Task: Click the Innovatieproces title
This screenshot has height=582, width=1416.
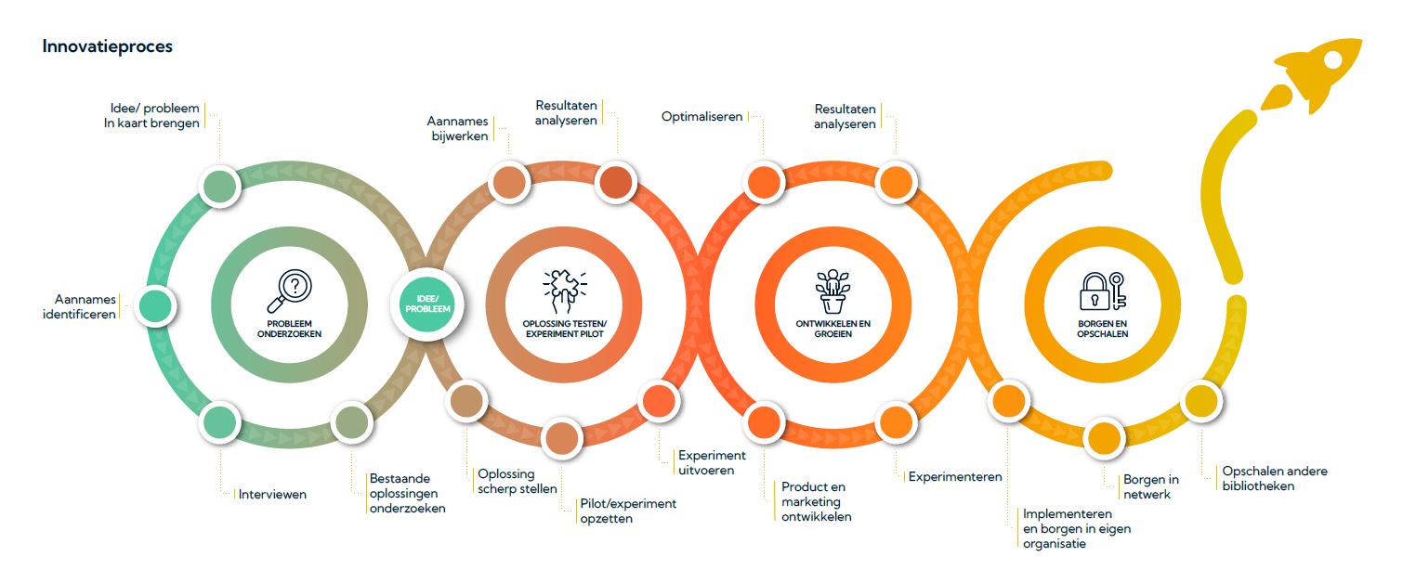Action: pyautogui.click(x=108, y=46)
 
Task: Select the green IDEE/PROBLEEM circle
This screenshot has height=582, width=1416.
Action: pyautogui.click(x=428, y=304)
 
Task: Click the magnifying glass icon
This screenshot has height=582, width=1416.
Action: pyautogui.click(x=290, y=291)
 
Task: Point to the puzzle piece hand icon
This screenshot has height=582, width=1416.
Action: pyautogui.click(x=565, y=291)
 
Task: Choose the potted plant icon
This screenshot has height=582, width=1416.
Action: pyautogui.click(x=833, y=291)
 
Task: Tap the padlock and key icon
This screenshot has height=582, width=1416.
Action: pyautogui.click(x=1103, y=291)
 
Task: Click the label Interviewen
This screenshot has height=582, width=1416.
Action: pyautogui.click(x=272, y=494)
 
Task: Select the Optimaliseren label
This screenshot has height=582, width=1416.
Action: pyautogui.click(x=701, y=117)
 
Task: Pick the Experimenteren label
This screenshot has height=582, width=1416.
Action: pyautogui.click(x=955, y=476)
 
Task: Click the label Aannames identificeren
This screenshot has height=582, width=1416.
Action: pyautogui.click(x=80, y=306)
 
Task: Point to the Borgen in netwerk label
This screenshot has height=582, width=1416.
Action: pyautogui.click(x=1150, y=486)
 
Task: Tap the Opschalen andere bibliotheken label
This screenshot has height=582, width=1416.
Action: pyautogui.click(x=1275, y=478)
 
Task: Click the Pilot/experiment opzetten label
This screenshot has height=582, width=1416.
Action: pyautogui.click(x=628, y=511)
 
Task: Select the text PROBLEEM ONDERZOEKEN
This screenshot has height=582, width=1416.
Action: pyautogui.click(x=290, y=329)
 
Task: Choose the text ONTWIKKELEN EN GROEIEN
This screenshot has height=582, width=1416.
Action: pyautogui.click(x=833, y=329)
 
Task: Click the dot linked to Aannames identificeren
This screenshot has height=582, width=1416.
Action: pyautogui.click(x=155, y=306)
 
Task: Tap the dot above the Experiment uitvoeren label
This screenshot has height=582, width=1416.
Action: pyautogui.click(x=659, y=401)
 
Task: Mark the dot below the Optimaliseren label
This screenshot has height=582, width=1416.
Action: pyautogui.click(x=764, y=183)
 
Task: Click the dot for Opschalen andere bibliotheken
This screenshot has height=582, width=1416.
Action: pyautogui.click(x=1201, y=401)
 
